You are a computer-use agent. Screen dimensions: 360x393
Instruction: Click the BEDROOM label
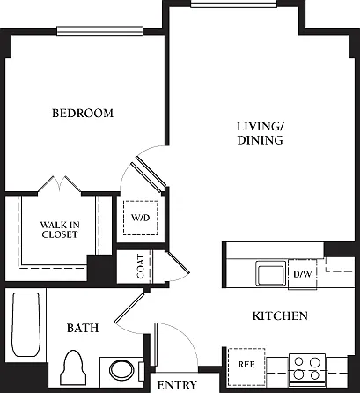tap(83, 113)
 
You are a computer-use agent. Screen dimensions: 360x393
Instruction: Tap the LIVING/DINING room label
tap(261, 133)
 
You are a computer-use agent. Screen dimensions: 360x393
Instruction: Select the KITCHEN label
tap(280, 316)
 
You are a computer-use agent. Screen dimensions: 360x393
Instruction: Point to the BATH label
tap(83, 328)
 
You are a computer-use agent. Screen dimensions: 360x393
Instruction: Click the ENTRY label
tap(177, 385)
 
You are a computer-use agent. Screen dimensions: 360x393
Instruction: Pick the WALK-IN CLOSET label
tap(60, 230)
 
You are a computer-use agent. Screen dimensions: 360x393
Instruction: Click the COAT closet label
tap(141, 267)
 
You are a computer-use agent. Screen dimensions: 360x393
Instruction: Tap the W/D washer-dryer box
tap(141, 218)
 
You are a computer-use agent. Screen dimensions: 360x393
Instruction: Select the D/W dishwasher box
tap(303, 274)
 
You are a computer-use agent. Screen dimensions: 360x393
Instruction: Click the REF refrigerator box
tap(246, 367)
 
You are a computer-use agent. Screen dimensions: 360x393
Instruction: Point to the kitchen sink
tap(270, 273)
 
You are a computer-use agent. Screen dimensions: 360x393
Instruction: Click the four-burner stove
tap(307, 369)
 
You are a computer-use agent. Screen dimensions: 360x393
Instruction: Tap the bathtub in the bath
tap(26, 324)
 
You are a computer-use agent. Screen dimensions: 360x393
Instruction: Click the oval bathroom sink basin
tap(121, 370)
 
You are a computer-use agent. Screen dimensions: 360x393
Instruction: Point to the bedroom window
tap(99, 31)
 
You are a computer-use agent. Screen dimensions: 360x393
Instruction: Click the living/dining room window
tap(233, 4)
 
